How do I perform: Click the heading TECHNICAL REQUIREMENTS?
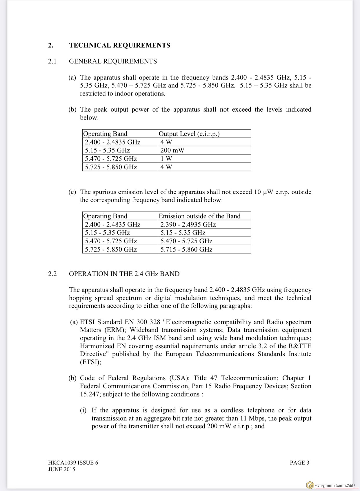point(119,45)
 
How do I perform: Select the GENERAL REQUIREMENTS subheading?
point(113,61)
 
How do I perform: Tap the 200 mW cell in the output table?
point(172,150)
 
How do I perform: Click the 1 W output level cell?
point(166,159)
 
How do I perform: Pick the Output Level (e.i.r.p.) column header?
point(189,134)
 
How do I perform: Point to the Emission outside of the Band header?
point(199,216)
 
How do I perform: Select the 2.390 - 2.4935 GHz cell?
point(188,224)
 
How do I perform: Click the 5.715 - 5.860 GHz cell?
point(186,249)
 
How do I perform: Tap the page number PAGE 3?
point(299,463)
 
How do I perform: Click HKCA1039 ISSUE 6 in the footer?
point(73,463)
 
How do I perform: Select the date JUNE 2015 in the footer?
point(61,469)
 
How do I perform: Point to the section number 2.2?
point(52,274)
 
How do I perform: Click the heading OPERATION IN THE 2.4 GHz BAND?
point(124,274)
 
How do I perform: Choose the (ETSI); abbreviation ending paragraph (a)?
point(90,362)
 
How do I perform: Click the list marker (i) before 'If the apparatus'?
point(83,410)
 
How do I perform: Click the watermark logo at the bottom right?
point(310,485)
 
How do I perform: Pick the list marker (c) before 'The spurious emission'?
point(72,192)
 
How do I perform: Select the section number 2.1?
point(52,61)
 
